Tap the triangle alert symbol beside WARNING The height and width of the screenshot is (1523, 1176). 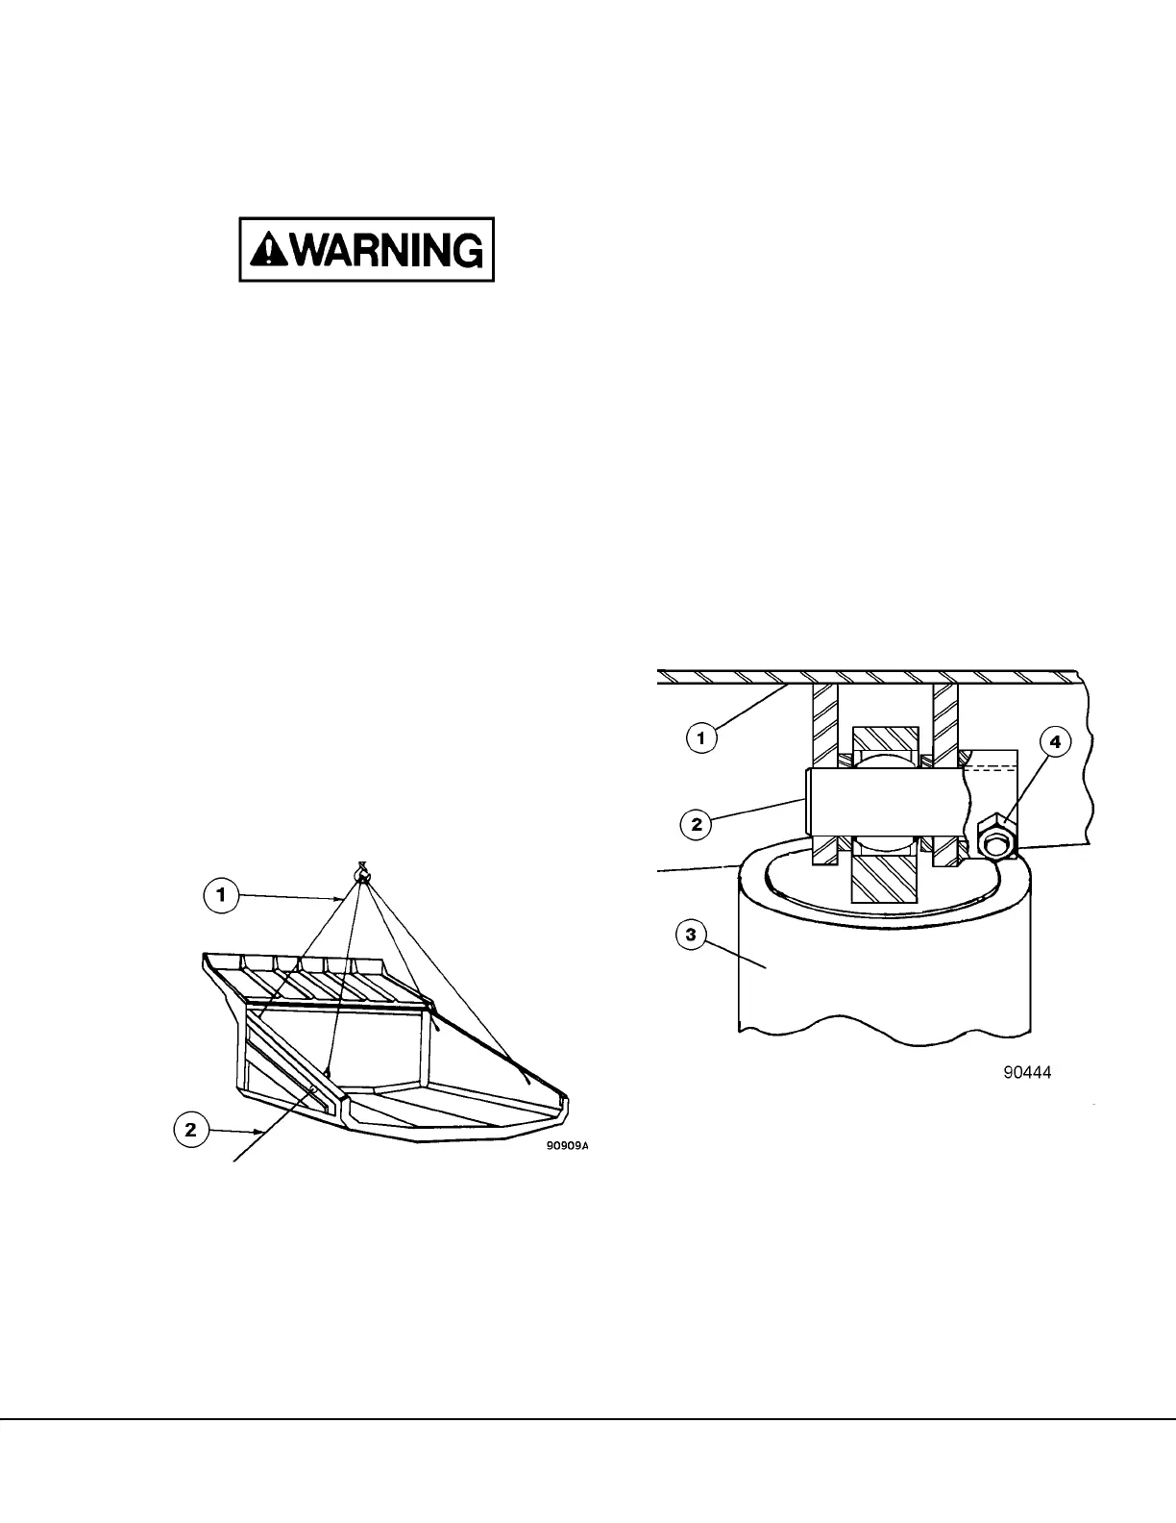(x=262, y=251)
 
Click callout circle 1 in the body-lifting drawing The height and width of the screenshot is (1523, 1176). (x=221, y=896)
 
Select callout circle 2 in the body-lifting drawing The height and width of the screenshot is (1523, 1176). (x=191, y=1129)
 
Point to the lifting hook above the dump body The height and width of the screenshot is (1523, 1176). (x=362, y=874)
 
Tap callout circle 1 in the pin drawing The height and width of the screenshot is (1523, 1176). (x=701, y=738)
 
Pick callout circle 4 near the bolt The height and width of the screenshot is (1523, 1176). (x=1054, y=742)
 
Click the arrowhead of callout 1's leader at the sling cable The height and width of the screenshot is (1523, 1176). (x=341, y=898)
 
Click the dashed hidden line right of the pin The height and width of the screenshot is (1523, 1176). (x=989, y=766)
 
